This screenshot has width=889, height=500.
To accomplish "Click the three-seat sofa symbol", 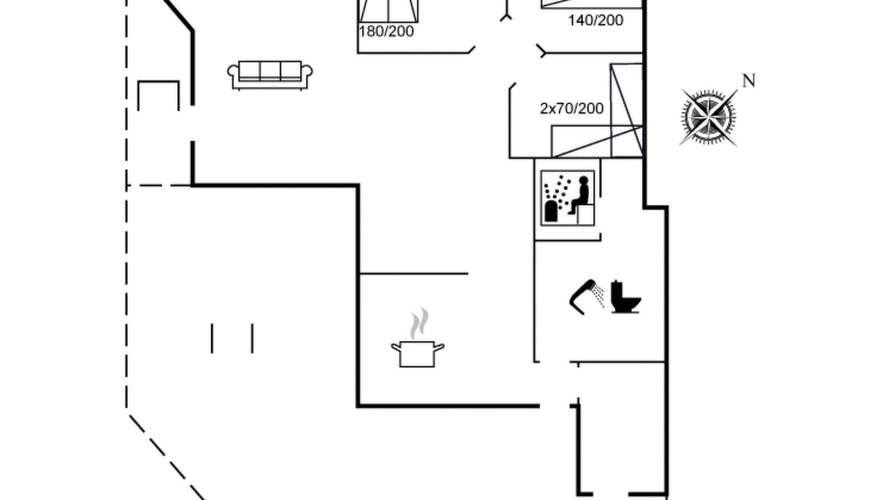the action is click(x=270, y=75).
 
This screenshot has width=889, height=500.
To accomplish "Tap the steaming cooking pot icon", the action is click(x=417, y=337).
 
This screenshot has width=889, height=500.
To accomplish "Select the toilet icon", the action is click(x=625, y=297).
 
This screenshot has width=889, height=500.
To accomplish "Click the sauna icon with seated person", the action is click(x=567, y=198).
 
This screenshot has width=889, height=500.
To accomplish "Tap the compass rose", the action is click(x=708, y=117).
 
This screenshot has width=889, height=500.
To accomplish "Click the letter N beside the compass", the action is click(x=749, y=81).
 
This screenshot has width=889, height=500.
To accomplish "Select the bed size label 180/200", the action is click(x=386, y=31).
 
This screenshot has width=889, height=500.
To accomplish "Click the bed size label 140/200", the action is click(x=596, y=20).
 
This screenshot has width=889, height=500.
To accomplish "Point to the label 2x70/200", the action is click(x=572, y=108).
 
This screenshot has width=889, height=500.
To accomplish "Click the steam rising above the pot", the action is click(x=419, y=323).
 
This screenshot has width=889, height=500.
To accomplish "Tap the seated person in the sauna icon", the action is click(x=580, y=195).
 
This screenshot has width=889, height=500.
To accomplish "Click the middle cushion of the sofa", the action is click(x=270, y=71).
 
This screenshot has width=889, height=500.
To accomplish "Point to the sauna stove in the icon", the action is click(x=551, y=210).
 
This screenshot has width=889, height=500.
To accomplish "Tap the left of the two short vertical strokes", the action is click(x=212, y=338).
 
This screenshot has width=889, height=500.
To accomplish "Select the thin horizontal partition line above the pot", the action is click(x=413, y=274).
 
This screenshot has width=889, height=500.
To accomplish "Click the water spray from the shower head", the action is click(x=598, y=295).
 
